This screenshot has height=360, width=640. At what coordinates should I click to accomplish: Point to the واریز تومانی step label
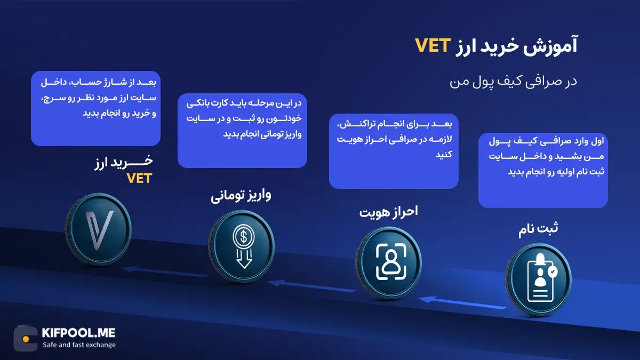click(x=241, y=195)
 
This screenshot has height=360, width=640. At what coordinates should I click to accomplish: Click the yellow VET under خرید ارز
click(x=139, y=178)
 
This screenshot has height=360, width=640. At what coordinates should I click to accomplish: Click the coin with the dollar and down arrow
click(x=243, y=248)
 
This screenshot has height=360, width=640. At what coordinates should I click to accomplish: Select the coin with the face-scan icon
click(x=388, y=261)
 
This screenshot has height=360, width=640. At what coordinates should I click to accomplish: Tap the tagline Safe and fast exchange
click(x=79, y=345)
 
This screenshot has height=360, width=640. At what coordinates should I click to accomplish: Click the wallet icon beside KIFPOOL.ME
click(x=26, y=338)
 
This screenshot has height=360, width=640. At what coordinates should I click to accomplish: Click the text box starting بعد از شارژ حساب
click(x=96, y=108)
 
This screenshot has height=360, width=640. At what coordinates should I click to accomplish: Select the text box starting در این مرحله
click(x=242, y=131)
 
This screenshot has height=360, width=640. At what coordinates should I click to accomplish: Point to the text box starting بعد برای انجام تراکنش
click(x=394, y=150)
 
